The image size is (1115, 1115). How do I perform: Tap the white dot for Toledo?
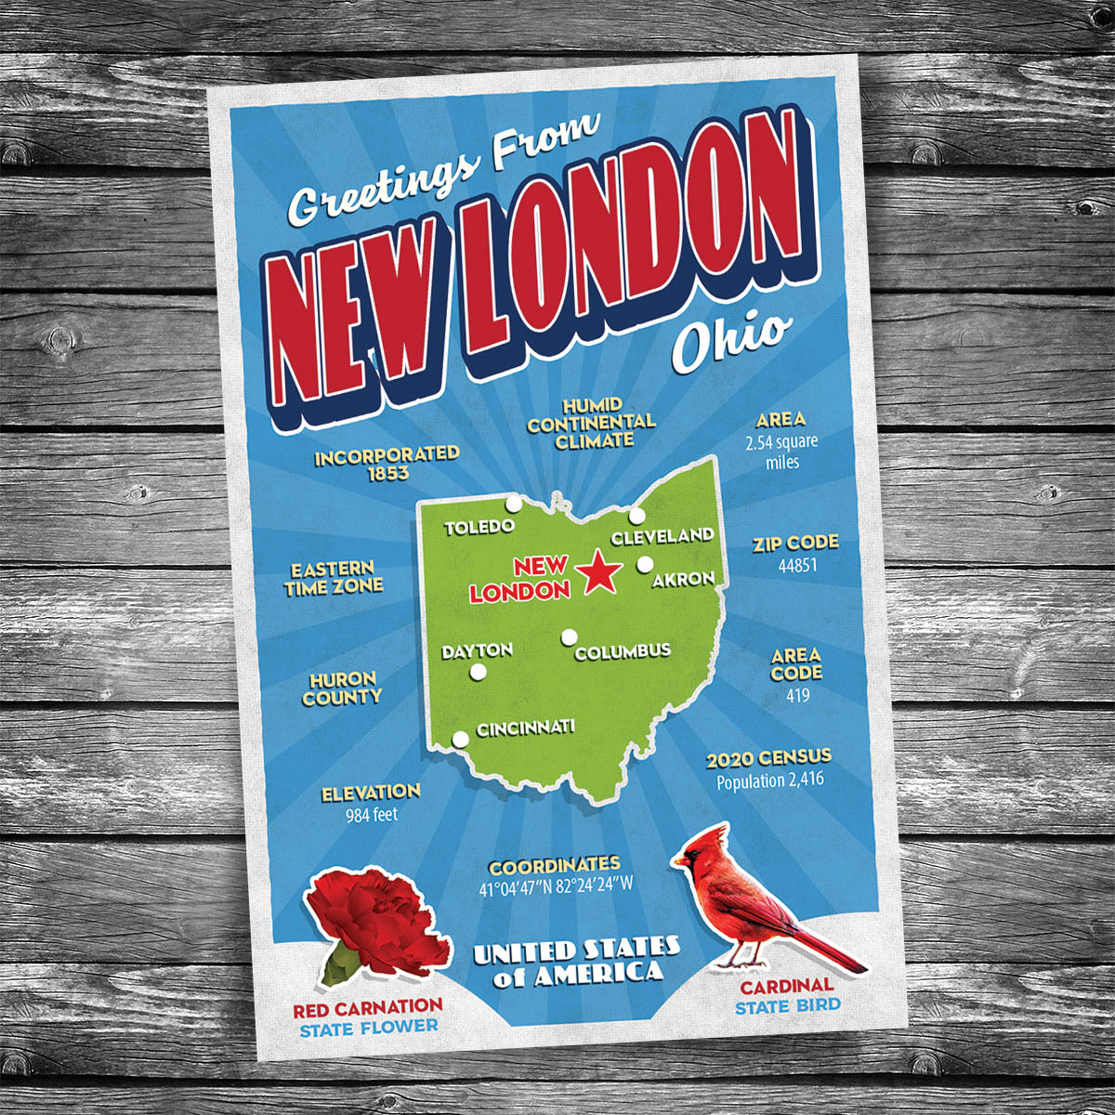tap(513, 505)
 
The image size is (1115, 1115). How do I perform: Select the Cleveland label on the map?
tap(662, 536)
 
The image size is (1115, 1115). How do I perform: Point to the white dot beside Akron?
tap(644, 563)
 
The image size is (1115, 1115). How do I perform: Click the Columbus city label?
tap(622, 651)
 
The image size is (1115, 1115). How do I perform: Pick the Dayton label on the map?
tap(477, 650)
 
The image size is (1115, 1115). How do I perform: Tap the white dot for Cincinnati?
tap(460, 740)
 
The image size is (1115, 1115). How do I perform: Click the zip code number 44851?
tap(797, 565)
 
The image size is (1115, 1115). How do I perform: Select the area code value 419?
tap(797, 695)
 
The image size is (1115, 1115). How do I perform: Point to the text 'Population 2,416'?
tap(769, 781)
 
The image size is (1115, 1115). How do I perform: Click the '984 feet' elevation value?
tap(372, 815)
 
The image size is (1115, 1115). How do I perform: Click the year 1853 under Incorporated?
tap(387, 474)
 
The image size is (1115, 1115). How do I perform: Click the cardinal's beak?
tap(677, 860)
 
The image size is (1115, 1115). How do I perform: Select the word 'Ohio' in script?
tap(732, 341)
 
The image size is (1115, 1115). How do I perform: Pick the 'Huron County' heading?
tap(342, 689)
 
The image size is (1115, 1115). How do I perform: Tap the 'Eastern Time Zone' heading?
tap(334, 578)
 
